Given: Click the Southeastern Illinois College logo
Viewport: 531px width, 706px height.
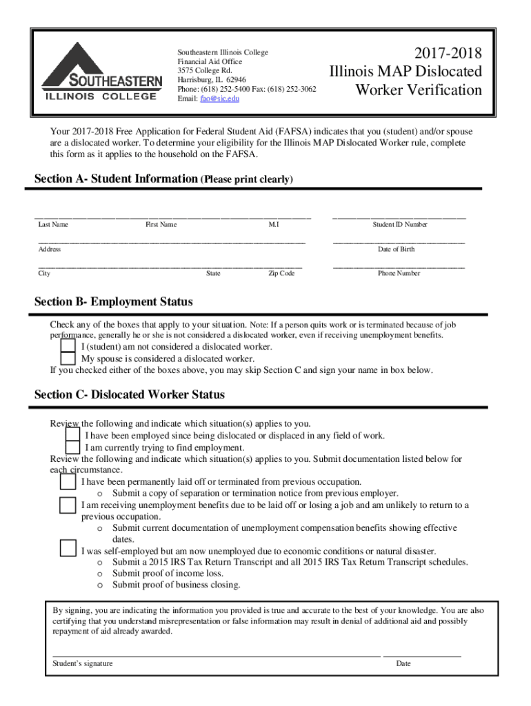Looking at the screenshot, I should tap(101, 72).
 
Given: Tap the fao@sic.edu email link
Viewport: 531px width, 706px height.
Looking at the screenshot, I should tap(220, 99).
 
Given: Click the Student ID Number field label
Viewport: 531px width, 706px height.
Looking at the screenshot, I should tap(400, 225).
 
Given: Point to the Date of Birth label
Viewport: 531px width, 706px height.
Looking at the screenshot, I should tap(397, 249).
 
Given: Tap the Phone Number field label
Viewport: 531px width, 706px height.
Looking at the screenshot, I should tap(399, 274).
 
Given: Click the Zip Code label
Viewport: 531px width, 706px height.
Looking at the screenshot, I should tap(281, 274).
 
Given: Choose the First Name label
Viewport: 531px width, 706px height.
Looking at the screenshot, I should tap(161, 225).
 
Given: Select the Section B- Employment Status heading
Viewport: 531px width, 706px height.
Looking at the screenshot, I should tap(114, 302).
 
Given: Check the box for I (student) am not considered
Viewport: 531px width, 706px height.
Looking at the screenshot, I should tap(68, 346).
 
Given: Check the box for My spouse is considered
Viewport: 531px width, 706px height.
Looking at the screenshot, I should tap(68, 359).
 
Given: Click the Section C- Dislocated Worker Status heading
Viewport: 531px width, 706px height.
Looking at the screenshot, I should tap(130, 395).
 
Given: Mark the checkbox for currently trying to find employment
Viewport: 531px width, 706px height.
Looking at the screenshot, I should tap(72, 447).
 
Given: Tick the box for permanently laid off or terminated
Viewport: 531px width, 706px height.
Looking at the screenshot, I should tap(68, 481).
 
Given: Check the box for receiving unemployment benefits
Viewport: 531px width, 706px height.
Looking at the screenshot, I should tap(68, 505).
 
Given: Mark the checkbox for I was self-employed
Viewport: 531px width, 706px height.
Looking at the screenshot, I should tap(68, 549).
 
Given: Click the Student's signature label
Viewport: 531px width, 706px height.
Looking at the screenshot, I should tap(83, 664).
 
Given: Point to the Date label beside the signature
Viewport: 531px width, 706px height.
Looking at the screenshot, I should tap(403, 664).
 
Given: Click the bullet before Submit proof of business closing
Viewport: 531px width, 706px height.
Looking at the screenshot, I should tap(100, 586).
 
